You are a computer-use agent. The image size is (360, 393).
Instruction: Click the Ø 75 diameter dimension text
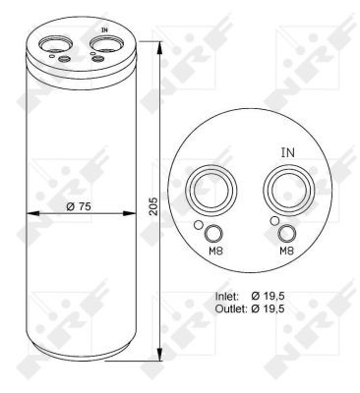tap(79, 206)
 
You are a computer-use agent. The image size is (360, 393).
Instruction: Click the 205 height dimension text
tap(153, 206)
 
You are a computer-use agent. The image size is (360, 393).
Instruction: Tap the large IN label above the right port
tap(288, 152)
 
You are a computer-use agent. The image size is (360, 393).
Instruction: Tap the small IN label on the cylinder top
tap(104, 29)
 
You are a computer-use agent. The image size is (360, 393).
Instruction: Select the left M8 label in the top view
tap(215, 252)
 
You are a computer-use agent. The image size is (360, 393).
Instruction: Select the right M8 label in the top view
tap(286, 252)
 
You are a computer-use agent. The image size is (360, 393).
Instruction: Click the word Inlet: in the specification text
tap(226, 297)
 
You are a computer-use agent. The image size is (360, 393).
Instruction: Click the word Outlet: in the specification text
tap(231, 309)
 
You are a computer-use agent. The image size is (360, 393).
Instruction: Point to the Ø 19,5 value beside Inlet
tap(268, 297)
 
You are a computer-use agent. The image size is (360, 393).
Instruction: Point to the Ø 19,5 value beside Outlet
tap(268, 309)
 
